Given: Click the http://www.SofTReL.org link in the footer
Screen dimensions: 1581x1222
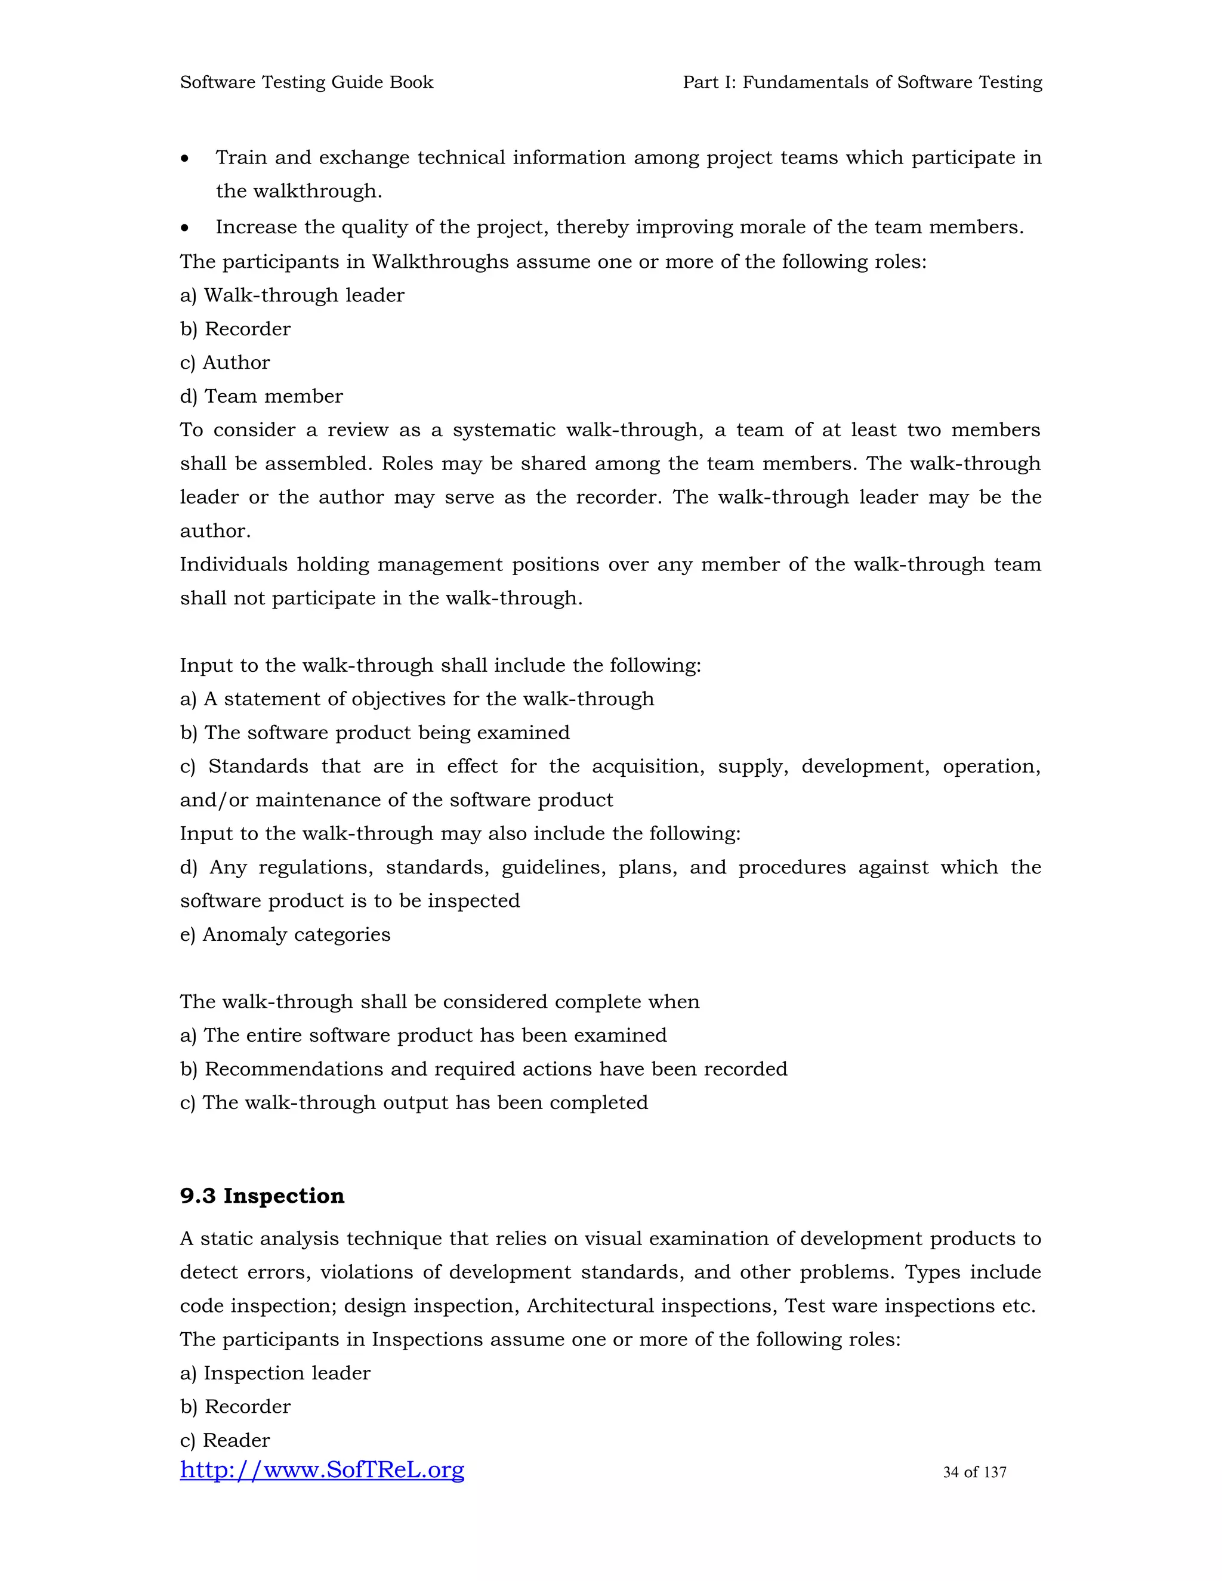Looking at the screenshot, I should pos(322,1469).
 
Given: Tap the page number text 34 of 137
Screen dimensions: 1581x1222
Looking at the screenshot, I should pos(974,1472).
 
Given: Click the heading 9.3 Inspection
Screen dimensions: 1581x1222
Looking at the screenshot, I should pos(262,1195).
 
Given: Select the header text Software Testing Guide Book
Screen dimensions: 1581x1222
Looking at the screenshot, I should pos(306,82).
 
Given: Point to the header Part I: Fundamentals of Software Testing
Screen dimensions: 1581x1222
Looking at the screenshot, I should pos(862,82).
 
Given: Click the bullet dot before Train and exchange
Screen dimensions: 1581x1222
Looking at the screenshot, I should pos(186,159).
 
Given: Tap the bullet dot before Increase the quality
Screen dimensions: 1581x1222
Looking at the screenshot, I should pos(186,228).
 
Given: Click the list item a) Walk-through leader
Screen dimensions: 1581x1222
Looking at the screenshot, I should pos(292,295).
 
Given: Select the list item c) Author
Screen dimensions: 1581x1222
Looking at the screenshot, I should pos(224,363).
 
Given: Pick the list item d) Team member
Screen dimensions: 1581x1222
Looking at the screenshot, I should pos(261,396).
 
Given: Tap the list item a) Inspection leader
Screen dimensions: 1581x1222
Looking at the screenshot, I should pos(275,1373).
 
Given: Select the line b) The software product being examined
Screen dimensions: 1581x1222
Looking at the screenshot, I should pos(374,733).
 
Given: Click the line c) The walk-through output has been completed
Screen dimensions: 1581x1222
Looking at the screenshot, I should pos(413,1103).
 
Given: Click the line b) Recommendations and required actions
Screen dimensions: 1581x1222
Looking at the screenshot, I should pos(483,1069).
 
